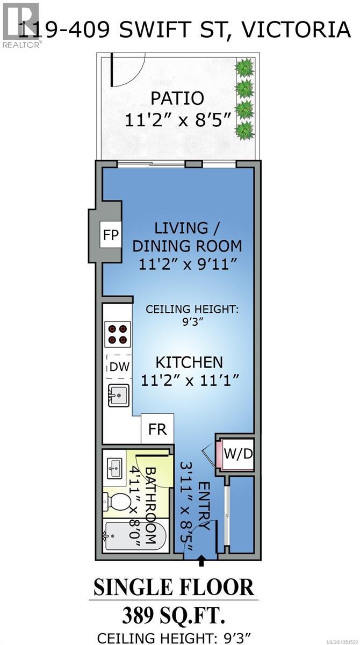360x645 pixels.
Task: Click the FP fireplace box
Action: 111,234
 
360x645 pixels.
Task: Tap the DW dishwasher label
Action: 120,367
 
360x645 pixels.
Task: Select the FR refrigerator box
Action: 157,429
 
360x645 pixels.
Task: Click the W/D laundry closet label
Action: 238,454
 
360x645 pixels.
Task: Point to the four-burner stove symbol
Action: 118,334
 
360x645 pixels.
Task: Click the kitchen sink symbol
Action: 118,396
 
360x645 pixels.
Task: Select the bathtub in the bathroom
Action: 134,536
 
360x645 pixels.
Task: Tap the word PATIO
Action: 177,98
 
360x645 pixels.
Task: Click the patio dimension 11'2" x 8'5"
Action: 178,120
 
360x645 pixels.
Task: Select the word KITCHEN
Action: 189,362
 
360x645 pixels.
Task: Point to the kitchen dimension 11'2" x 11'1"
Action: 190,381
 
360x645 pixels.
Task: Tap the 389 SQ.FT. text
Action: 173,616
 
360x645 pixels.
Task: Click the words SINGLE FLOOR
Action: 174,587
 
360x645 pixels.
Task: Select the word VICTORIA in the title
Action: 296,29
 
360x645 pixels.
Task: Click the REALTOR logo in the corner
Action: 21,25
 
